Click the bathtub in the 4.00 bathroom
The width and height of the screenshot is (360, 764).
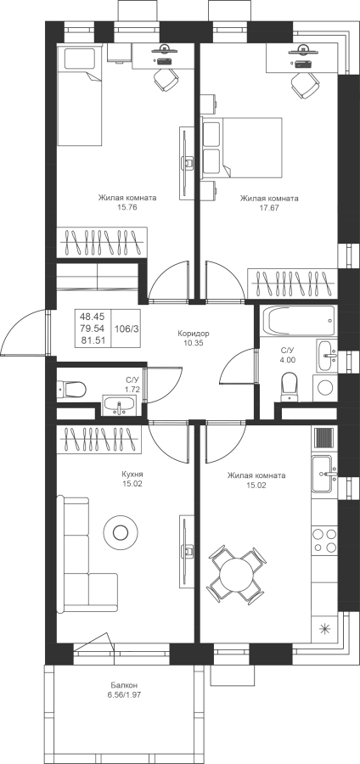point(299,320)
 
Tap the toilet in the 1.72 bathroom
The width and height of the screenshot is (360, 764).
point(71,390)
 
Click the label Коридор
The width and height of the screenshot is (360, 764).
point(194,334)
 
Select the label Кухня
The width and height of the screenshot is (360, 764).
point(132,474)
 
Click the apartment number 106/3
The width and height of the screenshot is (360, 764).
point(127,329)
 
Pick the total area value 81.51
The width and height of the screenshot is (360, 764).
point(93,340)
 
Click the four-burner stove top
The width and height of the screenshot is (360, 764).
point(324,540)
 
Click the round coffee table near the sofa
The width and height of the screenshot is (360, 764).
point(121,532)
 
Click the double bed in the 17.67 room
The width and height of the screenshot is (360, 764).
point(242,147)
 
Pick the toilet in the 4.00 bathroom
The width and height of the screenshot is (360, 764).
point(290,386)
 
